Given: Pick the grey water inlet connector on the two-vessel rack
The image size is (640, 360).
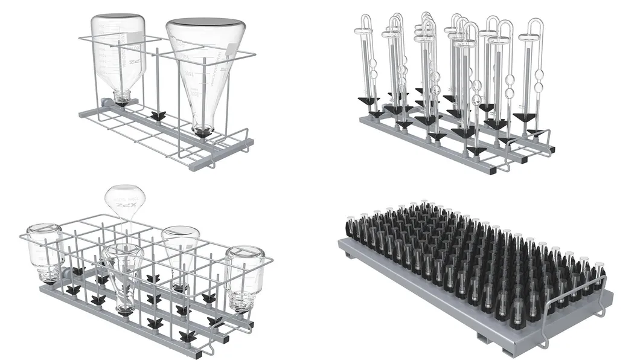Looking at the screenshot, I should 106,103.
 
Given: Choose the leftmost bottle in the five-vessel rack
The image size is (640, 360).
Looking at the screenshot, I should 45,251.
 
